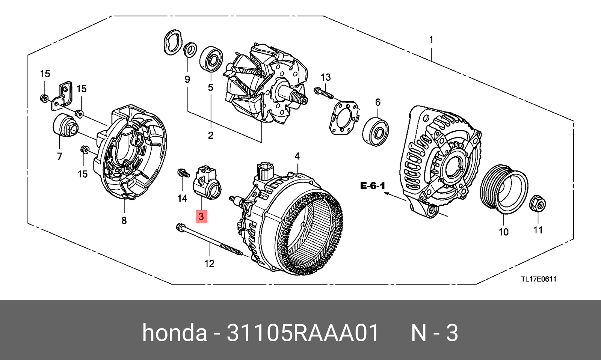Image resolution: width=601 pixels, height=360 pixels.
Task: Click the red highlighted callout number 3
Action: pyautogui.click(x=201, y=217)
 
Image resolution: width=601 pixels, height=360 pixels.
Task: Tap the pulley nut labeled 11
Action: pyautogui.click(x=537, y=204)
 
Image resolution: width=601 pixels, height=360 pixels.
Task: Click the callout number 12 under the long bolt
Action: pyautogui.click(x=209, y=264)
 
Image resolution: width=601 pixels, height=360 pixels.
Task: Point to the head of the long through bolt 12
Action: pyautogui.click(x=179, y=227)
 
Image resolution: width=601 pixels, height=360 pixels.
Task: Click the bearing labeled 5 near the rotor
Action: pyautogui.click(x=211, y=59)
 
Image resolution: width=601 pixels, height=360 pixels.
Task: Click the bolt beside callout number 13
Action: pyautogui.click(x=323, y=93)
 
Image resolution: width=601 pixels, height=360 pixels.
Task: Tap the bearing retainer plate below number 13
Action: pyautogui.click(x=343, y=117)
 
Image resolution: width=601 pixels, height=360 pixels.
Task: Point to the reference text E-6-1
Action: pyautogui.click(x=373, y=186)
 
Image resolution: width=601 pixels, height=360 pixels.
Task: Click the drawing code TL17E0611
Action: pyautogui.click(x=538, y=279)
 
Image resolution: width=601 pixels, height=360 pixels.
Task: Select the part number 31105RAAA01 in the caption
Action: pyautogui.click(x=303, y=333)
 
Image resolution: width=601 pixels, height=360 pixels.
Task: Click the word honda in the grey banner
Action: pyautogui.click(x=174, y=333)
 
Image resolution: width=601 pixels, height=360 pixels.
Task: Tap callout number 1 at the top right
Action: pyautogui.click(x=431, y=39)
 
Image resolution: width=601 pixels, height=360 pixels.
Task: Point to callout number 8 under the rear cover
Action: pyautogui.click(x=124, y=221)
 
